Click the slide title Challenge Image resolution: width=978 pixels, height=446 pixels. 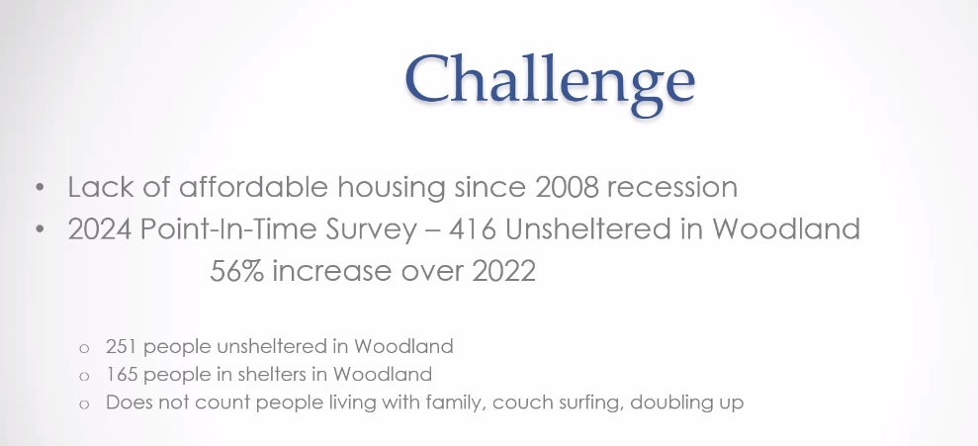tap(550, 80)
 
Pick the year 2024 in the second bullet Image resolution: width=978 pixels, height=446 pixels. tap(100, 229)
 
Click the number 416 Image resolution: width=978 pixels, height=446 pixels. tap(472, 229)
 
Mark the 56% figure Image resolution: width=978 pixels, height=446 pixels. tap(237, 271)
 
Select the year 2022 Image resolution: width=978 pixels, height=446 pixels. tap(504, 271)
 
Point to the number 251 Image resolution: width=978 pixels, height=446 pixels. tap(122, 346)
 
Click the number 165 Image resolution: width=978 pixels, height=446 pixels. tap(122, 374)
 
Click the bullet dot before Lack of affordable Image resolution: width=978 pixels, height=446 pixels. tap(41, 187)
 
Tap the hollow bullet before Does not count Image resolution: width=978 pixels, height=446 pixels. tap(84, 404)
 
